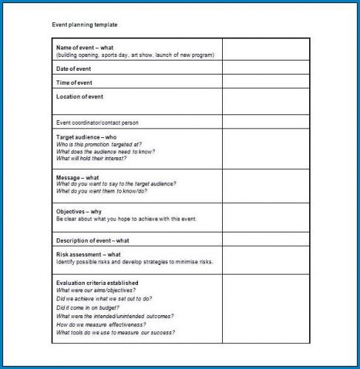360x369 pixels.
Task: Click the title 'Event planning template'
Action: tap(84, 25)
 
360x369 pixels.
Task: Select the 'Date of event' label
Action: tap(74, 69)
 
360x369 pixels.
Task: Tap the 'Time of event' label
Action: tap(74, 82)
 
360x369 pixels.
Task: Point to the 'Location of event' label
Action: tap(80, 97)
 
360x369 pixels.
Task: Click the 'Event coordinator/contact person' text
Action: tap(97, 123)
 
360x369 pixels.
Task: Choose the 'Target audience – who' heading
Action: tap(86, 137)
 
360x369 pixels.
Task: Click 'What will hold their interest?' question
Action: tap(91, 159)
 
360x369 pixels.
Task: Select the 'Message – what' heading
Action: tap(77, 178)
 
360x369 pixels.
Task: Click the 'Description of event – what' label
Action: tap(93, 240)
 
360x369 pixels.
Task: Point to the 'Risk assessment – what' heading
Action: tap(89, 255)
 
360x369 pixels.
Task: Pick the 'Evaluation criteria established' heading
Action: tap(97, 283)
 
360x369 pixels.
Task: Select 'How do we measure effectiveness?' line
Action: tap(101, 324)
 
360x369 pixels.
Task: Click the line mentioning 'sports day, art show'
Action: tap(135, 55)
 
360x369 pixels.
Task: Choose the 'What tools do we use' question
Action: tap(116, 333)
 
